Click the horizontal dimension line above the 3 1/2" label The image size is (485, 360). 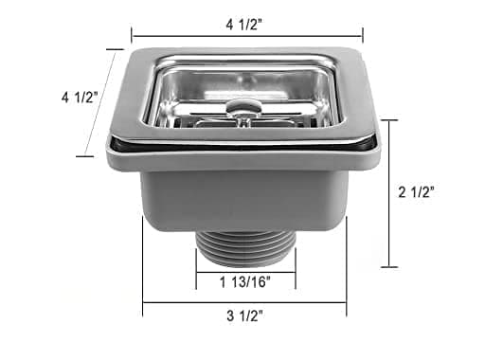[243, 303]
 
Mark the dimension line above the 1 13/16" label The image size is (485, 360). [245, 267]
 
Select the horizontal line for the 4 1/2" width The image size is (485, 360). [246, 37]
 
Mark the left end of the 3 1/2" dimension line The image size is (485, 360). [143, 303]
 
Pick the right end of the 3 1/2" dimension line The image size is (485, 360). [346, 303]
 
